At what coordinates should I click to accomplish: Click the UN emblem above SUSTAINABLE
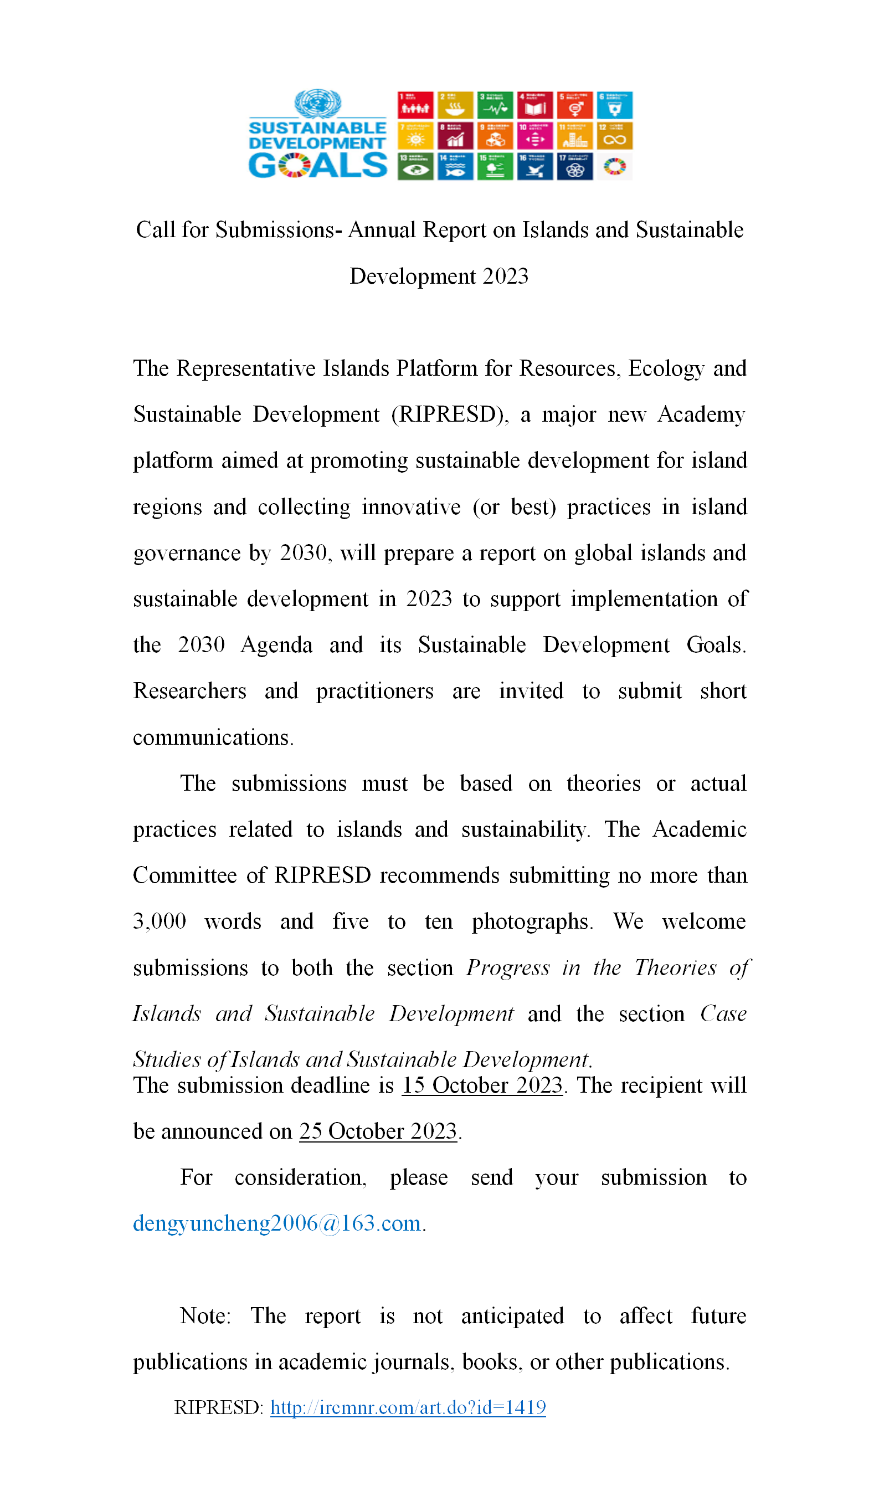click(317, 104)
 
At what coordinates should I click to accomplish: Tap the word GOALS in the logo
click(317, 166)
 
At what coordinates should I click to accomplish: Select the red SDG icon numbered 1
click(415, 105)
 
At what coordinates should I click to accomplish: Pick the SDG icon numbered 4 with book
click(535, 105)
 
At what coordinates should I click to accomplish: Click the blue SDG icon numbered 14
click(455, 167)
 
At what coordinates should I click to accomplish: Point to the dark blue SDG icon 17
click(575, 167)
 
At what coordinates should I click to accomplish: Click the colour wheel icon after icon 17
click(614, 167)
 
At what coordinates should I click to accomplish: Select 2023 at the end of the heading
click(506, 276)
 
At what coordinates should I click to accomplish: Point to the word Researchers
click(189, 691)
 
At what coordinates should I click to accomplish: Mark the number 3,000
click(160, 921)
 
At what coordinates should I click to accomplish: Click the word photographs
click(532, 922)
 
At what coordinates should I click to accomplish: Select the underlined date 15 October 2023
click(482, 1086)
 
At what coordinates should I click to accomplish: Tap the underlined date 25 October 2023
click(378, 1132)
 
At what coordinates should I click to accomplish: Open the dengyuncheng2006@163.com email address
click(277, 1223)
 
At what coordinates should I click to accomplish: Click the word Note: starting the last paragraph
click(205, 1316)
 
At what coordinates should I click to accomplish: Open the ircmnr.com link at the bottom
click(408, 1408)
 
